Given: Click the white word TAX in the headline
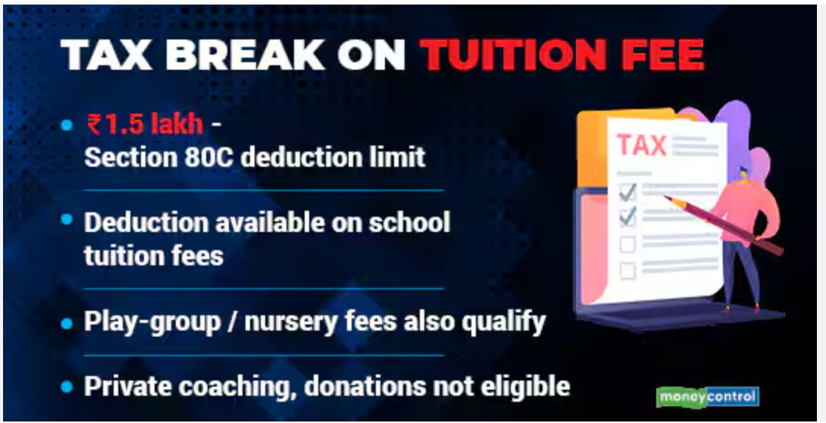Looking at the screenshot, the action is coord(106,55).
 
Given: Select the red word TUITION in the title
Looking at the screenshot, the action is coord(512,55).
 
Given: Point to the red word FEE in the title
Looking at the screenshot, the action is coord(662,55).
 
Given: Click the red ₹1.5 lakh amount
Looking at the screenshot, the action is coord(145,124).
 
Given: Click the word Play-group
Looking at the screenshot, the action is coord(152,321).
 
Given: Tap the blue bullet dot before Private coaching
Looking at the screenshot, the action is coord(67,387).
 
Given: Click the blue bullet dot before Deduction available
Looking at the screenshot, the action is coord(67,218).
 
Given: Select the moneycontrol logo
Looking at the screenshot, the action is coord(708,396).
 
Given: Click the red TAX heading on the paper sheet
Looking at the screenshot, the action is coord(641,145).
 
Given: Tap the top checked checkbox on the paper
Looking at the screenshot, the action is coord(627,193).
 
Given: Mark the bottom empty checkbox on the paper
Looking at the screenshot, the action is coord(627,271).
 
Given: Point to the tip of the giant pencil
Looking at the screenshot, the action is coord(665,197).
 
